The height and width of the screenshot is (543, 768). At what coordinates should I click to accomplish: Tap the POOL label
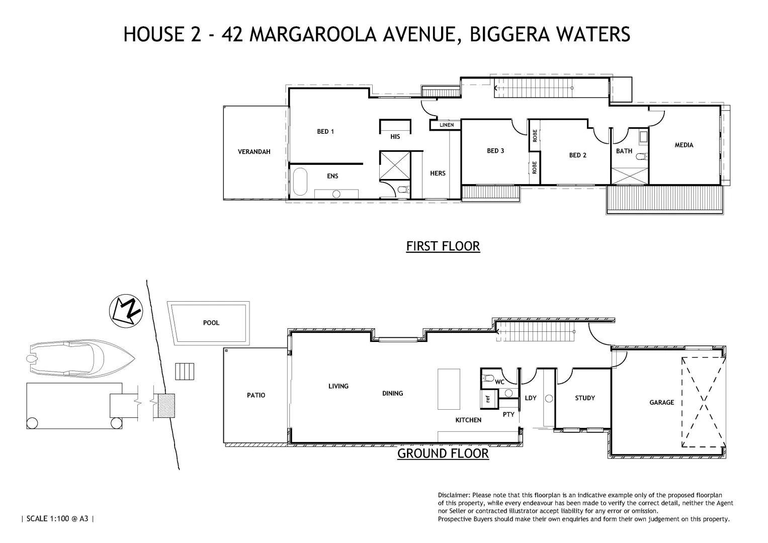pos(211,323)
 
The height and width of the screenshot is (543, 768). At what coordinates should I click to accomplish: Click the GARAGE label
pos(661,402)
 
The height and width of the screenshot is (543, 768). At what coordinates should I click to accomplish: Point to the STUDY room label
pos(585,398)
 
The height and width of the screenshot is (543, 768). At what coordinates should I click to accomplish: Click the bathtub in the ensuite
pos(300,182)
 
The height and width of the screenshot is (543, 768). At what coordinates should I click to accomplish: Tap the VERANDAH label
pos(254,151)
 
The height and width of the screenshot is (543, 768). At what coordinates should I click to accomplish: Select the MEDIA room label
pos(684,145)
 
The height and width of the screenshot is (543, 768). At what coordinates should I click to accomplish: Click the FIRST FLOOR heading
pos(443,246)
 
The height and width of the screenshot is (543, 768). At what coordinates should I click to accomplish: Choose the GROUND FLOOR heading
pos(443,453)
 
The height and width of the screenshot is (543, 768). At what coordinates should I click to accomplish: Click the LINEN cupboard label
pos(447,125)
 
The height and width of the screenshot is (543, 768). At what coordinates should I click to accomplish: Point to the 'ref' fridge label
pos(487,399)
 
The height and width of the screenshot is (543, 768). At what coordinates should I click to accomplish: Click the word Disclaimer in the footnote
pos(454,495)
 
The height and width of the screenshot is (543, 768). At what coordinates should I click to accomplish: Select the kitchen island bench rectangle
pos(449,389)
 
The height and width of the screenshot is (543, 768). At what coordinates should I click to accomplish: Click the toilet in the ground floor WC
pos(487,379)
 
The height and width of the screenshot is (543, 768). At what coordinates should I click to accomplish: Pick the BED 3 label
pos(495,150)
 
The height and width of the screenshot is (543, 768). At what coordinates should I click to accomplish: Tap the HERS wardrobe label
pos(438,173)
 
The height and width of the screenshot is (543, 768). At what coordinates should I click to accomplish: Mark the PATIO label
pos(255,395)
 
